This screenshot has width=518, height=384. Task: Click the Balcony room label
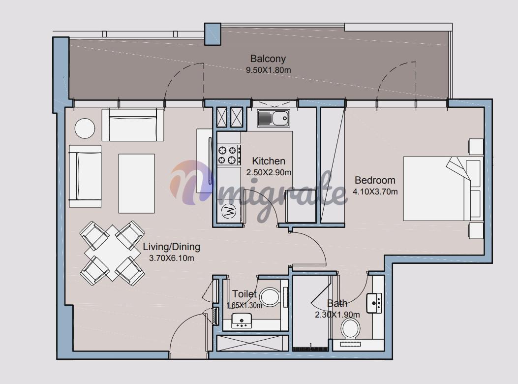[x=268, y=59]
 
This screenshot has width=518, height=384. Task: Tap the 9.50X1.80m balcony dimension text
[x=268, y=70]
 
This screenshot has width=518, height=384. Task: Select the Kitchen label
[x=269, y=161]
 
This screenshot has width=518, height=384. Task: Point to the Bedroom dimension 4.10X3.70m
[x=375, y=192]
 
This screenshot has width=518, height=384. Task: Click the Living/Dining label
[x=172, y=247]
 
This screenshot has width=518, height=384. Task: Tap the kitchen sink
[x=274, y=119]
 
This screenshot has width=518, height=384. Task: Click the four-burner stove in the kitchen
[x=229, y=155]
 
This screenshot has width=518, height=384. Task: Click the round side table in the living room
[x=85, y=128]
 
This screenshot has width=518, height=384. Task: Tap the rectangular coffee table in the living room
[x=136, y=183]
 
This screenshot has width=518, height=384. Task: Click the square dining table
[x=112, y=253]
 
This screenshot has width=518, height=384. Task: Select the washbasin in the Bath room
[x=374, y=303]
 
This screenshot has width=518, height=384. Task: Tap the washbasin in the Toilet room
[x=242, y=320]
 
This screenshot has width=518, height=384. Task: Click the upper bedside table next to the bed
[x=476, y=147]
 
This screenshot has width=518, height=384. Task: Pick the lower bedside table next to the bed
[x=476, y=230]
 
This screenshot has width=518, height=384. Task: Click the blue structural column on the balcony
[x=213, y=34]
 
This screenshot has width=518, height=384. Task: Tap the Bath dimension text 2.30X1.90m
[x=337, y=315]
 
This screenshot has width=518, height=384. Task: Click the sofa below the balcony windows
[x=133, y=125]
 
